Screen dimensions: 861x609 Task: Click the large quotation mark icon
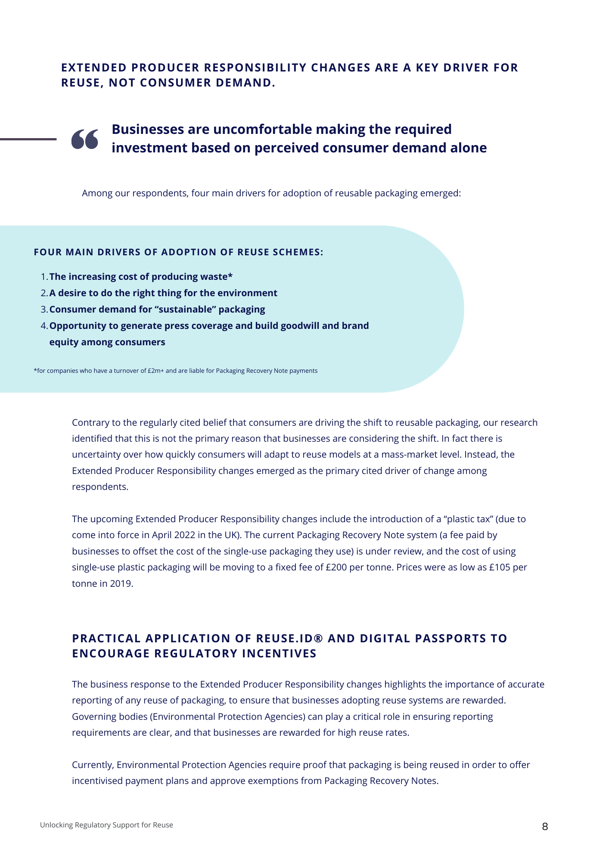point(85,139)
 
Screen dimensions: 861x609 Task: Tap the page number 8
point(545,827)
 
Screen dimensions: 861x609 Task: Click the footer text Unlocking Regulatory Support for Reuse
point(106,825)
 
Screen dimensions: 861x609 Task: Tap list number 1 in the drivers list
point(44,277)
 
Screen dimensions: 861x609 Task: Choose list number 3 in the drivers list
point(44,310)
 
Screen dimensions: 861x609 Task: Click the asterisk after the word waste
point(230,276)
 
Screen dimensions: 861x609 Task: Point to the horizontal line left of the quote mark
point(28,139)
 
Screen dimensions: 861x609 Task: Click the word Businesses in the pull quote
point(154,129)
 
